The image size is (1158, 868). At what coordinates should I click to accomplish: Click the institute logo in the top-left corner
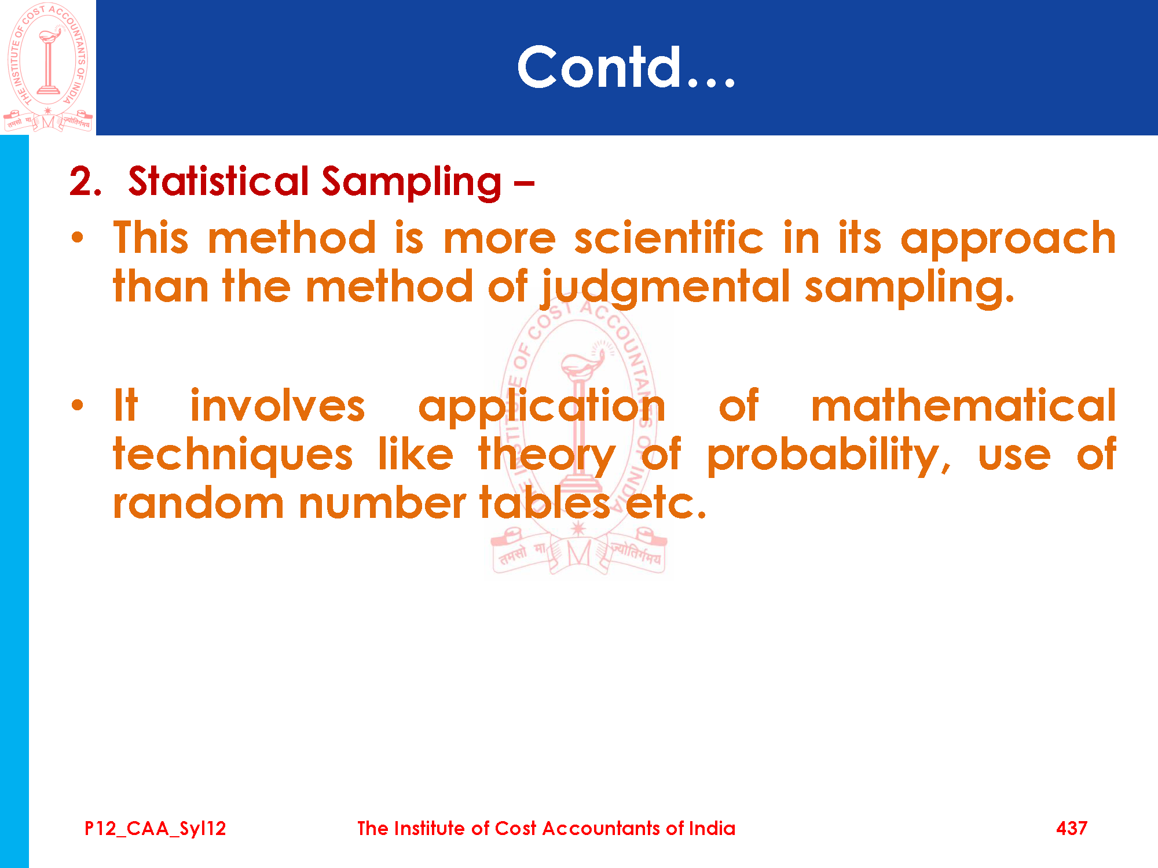tap(48, 68)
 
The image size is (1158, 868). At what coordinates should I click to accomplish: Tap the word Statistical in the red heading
tap(218, 181)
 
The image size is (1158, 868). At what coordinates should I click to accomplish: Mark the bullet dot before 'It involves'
tap(78, 405)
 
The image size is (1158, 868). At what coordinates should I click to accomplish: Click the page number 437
tap(1072, 828)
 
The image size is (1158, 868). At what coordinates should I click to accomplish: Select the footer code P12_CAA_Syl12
tap(155, 829)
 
